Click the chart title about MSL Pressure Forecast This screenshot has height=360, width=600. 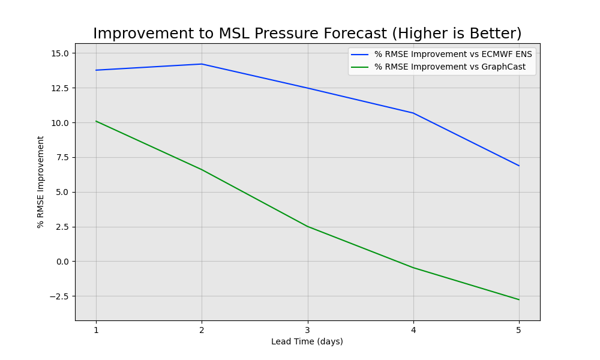307,34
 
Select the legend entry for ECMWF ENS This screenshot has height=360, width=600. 453,55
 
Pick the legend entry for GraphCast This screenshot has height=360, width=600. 449,67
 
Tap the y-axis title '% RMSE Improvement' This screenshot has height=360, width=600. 41,182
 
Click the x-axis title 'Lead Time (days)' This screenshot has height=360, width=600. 307,342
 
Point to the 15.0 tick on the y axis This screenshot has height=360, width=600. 59,53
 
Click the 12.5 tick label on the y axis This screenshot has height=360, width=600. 59,88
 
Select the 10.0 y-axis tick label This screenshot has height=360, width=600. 59,123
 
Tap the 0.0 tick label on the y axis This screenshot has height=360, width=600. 62,262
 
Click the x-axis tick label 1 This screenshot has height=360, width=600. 96,330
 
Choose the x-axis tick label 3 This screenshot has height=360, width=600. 307,330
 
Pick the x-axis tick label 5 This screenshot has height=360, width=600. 518,330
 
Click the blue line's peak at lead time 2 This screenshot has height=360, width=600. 202,64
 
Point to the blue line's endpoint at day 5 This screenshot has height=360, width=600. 518,166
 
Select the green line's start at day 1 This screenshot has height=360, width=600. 96,121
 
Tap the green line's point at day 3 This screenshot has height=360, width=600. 307,226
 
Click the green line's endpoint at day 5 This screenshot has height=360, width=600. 518,299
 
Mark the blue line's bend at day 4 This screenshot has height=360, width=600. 413,113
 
